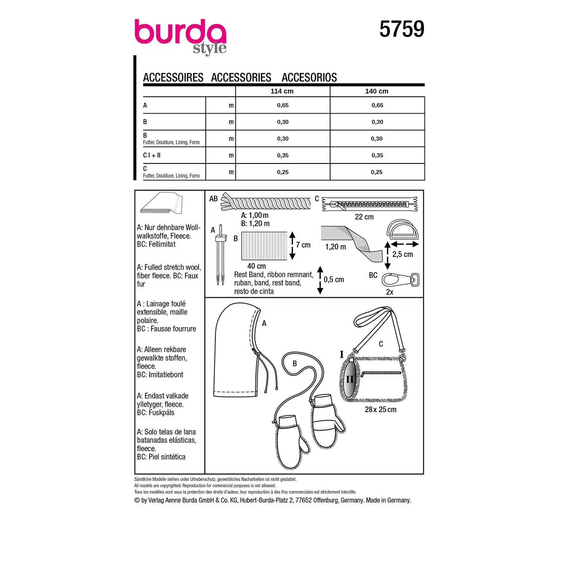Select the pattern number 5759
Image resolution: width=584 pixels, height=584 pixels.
(401, 29)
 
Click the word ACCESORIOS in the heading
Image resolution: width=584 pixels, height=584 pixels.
(309, 77)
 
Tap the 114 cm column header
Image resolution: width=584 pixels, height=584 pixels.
(282, 91)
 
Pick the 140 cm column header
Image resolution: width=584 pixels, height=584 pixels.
(377, 91)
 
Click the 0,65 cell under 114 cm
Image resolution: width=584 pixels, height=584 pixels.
(283, 105)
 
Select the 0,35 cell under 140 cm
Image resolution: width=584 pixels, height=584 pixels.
(377, 155)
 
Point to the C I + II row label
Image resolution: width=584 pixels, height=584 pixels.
(152, 155)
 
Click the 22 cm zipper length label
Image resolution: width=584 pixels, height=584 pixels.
(364, 217)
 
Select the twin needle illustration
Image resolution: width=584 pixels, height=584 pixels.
(220, 255)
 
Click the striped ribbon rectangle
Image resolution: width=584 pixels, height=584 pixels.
(264, 246)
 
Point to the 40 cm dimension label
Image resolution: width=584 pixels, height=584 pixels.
(257, 266)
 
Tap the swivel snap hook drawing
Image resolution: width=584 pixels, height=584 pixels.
(400, 280)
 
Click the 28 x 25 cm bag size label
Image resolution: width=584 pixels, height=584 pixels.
(380, 410)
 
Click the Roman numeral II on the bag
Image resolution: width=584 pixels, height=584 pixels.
(350, 380)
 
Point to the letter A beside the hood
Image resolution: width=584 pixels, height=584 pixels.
(264, 323)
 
